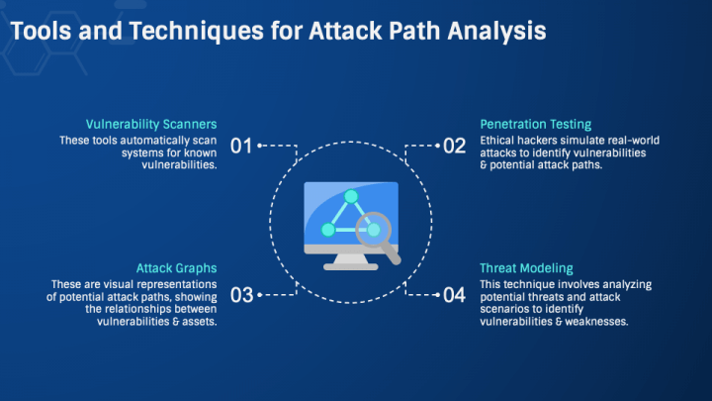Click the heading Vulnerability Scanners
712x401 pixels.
pyautogui.click(x=151, y=124)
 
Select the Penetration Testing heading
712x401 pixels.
pyautogui.click(x=535, y=124)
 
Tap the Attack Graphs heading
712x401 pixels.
pyautogui.click(x=176, y=267)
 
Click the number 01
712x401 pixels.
pyautogui.click(x=241, y=147)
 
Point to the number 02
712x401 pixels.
pyautogui.click(x=454, y=147)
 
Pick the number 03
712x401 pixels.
pyautogui.click(x=241, y=295)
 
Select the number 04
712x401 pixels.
pyautogui.click(x=454, y=295)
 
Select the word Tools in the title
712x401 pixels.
pyautogui.click(x=42, y=31)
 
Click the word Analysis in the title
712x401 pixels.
pyautogui.click(x=494, y=31)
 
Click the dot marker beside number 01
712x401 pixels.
pyautogui.click(x=260, y=147)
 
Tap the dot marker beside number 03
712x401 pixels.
pyautogui.click(x=260, y=295)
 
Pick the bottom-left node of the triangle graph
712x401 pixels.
pyautogui.click(x=328, y=230)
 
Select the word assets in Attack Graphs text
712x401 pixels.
pyautogui.click(x=196, y=321)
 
